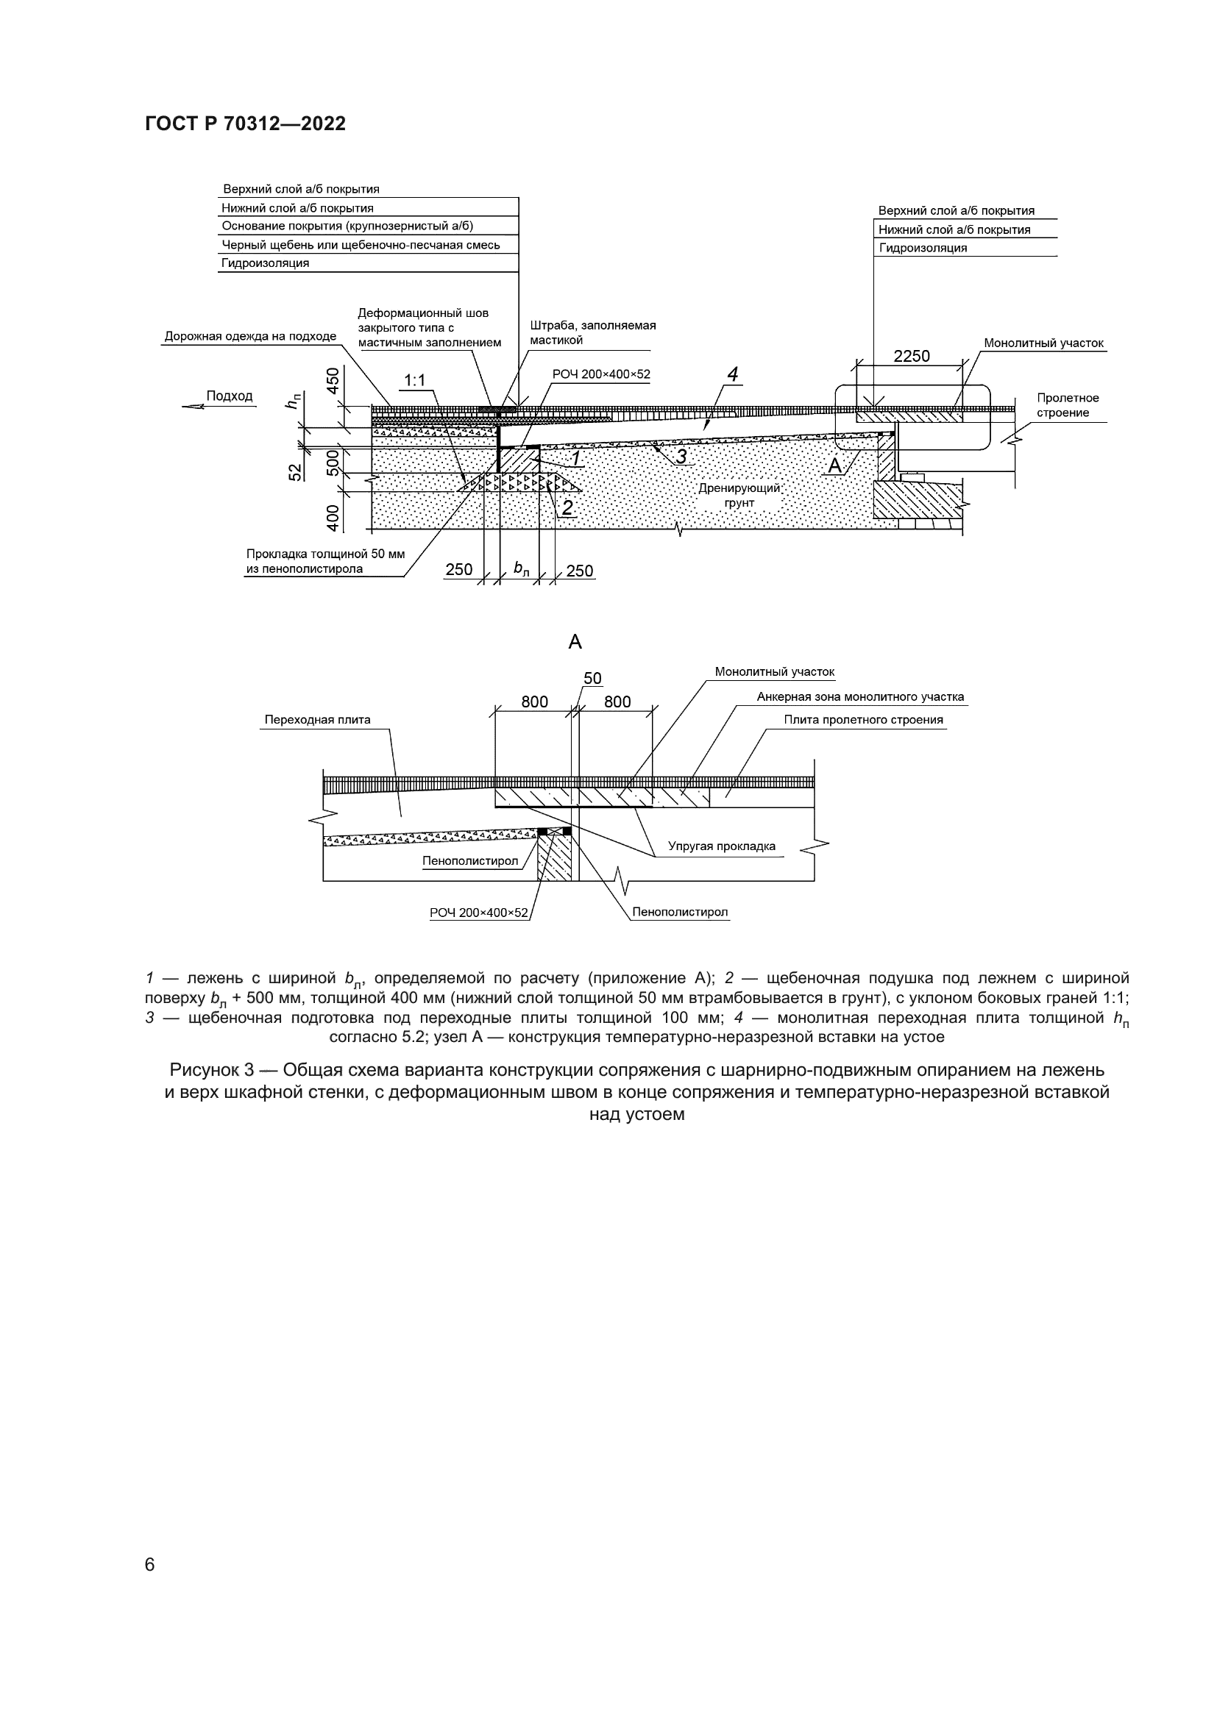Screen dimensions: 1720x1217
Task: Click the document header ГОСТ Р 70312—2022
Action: (245, 124)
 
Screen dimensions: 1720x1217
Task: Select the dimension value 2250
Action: (911, 357)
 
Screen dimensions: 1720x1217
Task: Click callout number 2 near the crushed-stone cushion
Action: (567, 508)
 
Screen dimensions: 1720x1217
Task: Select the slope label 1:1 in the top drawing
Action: (414, 381)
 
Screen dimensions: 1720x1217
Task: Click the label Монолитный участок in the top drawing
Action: (1043, 343)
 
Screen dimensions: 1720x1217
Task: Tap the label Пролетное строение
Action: (1068, 405)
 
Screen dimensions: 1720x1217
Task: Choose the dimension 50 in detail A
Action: (592, 679)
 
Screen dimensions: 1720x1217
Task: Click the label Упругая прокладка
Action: (722, 846)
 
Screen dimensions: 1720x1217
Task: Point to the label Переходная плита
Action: (317, 720)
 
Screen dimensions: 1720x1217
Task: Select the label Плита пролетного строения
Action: (863, 720)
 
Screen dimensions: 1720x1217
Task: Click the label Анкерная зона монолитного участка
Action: (859, 696)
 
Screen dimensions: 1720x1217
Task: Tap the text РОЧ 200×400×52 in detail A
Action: (478, 913)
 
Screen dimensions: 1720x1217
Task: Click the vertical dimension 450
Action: (333, 377)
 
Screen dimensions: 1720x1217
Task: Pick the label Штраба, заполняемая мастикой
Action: (592, 332)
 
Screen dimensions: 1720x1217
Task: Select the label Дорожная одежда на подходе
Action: (250, 336)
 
